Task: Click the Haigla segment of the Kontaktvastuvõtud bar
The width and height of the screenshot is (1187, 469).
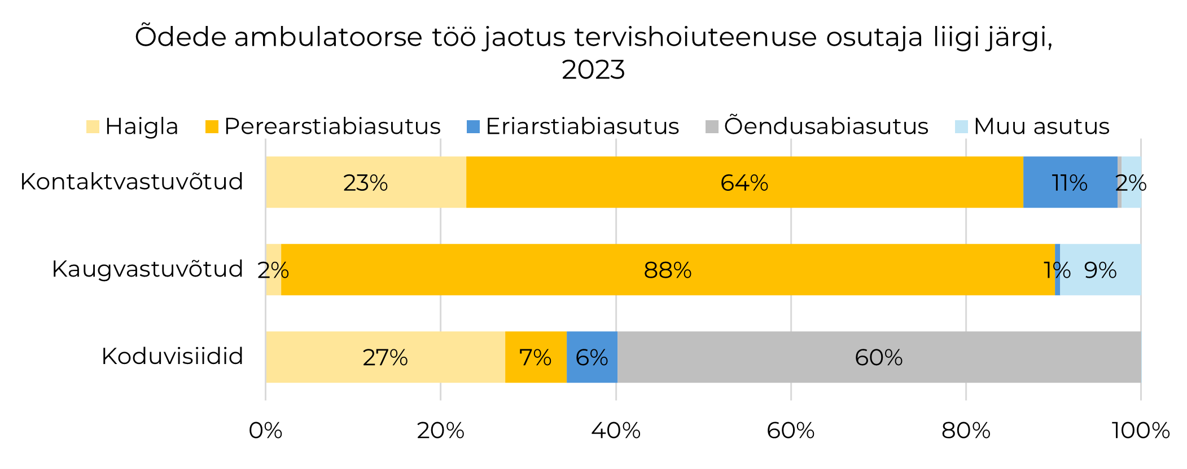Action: pyautogui.click(x=366, y=182)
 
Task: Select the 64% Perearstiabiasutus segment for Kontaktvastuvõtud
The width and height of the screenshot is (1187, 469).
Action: pyautogui.click(x=744, y=182)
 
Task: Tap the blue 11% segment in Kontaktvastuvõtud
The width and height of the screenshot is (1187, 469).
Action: pyautogui.click(x=1070, y=182)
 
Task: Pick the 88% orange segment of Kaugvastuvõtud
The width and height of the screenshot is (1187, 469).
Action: pyautogui.click(x=668, y=270)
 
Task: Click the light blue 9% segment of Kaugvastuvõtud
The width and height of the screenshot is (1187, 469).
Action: pyautogui.click(x=1100, y=270)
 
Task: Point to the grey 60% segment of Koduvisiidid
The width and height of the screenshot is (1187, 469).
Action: pyautogui.click(x=878, y=357)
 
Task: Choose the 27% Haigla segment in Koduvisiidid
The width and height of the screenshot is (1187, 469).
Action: pyautogui.click(x=385, y=357)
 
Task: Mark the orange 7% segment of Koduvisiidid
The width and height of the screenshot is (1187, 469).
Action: pyautogui.click(x=535, y=357)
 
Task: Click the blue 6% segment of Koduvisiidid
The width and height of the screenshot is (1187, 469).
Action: pyautogui.click(x=592, y=357)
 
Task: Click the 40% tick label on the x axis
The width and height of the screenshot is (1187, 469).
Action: pyautogui.click(x=616, y=431)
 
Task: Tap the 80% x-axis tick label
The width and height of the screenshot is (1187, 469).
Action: pyautogui.click(x=966, y=431)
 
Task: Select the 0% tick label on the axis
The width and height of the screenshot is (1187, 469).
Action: pyautogui.click(x=265, y=431)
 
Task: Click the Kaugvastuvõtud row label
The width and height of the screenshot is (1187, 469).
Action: pyautogui.click(x=147, y=269)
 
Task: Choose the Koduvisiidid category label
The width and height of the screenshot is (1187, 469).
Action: pyautogui.click(x=172, y=357)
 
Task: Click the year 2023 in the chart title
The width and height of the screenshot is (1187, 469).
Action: pyautogui.click(x=593, y=70)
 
